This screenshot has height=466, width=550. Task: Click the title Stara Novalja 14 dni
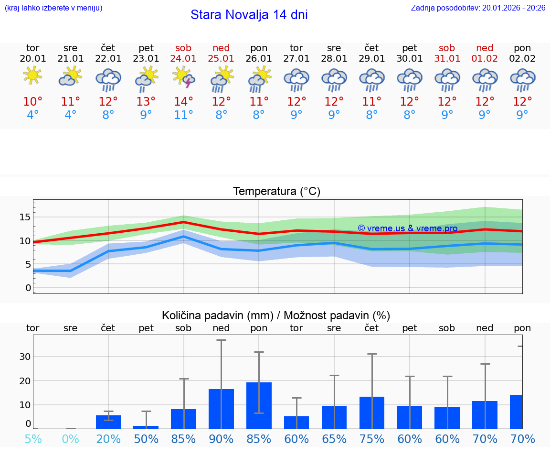tap(249, 15)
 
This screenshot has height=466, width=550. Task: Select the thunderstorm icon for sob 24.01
tap(184, 77)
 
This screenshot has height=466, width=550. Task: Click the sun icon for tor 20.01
tap(32, 76)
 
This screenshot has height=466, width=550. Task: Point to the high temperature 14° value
tap(184, 101)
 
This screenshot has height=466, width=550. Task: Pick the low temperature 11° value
tap(184, 115)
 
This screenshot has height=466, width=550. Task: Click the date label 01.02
tap(485, 59)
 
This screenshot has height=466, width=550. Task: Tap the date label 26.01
tap(259, 59)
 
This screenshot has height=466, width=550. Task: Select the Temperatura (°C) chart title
tap(276, 192)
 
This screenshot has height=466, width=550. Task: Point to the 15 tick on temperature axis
tap(25, 217)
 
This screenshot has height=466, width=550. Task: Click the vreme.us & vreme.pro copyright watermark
tap(407, 228)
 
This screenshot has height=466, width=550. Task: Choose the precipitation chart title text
tap(276, 315)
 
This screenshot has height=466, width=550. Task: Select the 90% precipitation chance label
tap(221, 439)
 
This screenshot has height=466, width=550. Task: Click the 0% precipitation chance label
tap(70, 439)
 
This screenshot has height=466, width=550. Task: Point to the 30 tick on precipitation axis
tap(25, 357)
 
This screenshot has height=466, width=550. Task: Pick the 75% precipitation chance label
tap(372, 439)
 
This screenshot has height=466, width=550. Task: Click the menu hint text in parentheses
tap(53, 8)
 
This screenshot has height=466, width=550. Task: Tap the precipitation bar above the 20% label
tap(108, 422)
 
